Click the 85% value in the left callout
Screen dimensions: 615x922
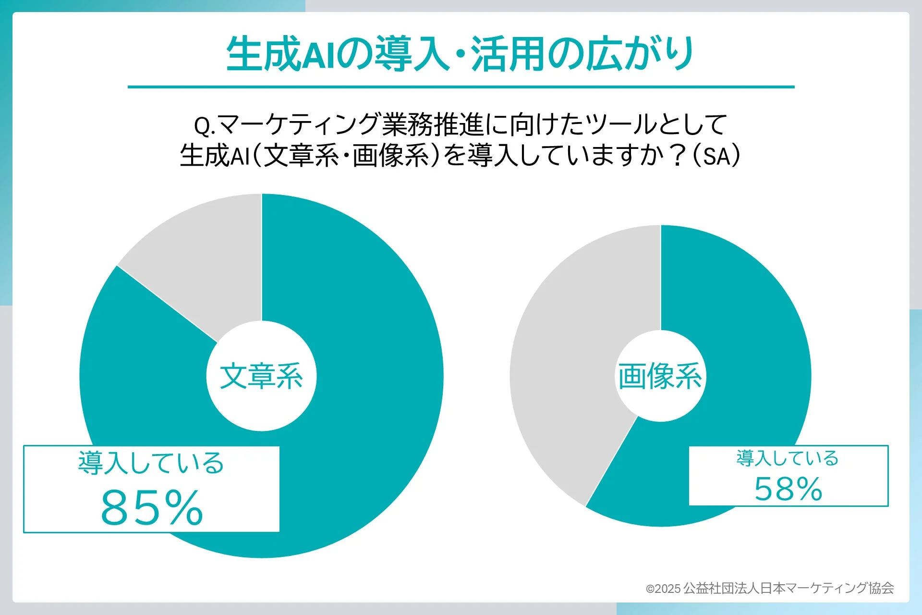point(152,507)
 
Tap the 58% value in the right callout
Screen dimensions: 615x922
point(788,489)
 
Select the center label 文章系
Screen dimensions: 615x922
point(261,376)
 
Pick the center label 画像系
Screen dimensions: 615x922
point(660,376)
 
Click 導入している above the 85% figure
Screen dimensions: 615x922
point(151,463)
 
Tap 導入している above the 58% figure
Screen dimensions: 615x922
point(788,458)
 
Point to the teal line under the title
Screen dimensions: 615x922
point(461,87)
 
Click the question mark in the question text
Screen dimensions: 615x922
point(678,156)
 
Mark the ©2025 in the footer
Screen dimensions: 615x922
point(663,589)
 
